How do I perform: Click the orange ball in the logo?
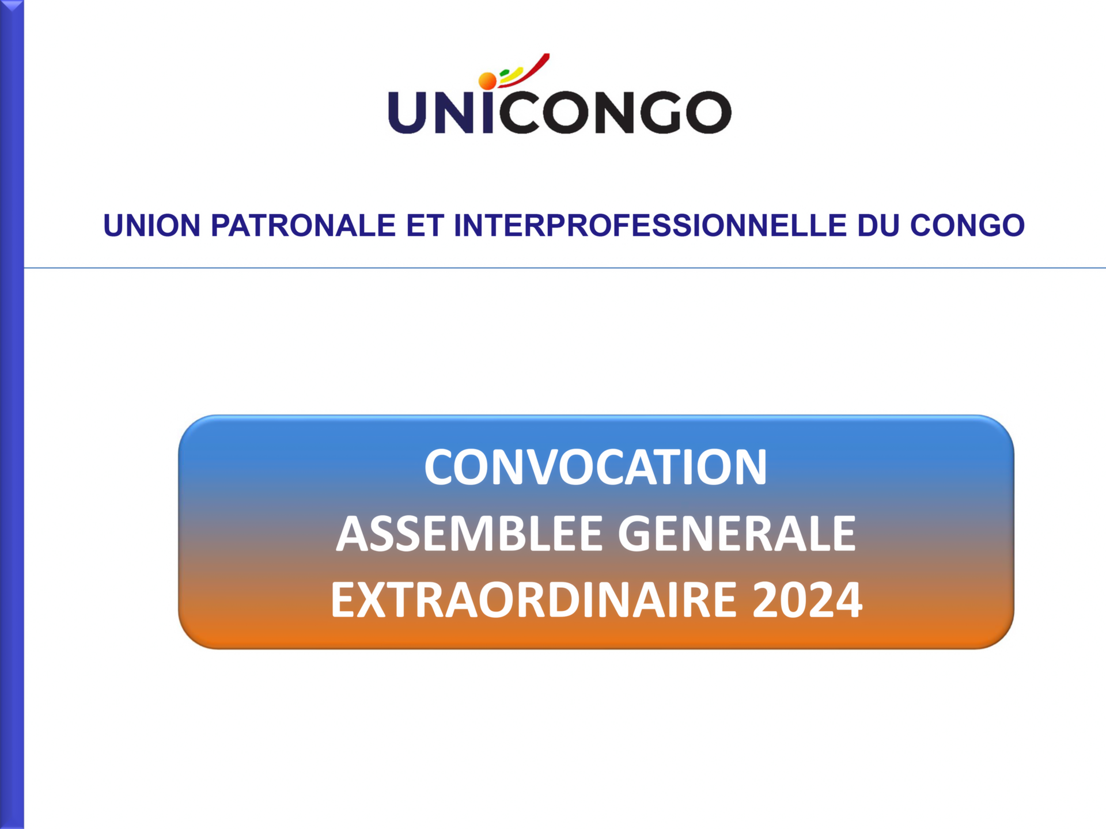[487, 81]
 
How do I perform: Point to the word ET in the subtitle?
[425, 225]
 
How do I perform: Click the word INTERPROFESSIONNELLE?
[650, 225]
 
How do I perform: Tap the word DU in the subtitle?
[878, 225]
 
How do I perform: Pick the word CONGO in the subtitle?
[967, 225]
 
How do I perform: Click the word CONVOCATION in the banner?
[596, 467]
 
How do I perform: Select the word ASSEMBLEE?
[469, 534]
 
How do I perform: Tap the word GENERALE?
[737, 534]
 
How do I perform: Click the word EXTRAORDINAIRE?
[534, 600]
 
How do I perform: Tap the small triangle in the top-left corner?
[12, 5]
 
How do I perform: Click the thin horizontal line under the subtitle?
[565, 268]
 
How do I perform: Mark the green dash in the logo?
[505, 73]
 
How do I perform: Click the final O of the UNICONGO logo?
[709, 112]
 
